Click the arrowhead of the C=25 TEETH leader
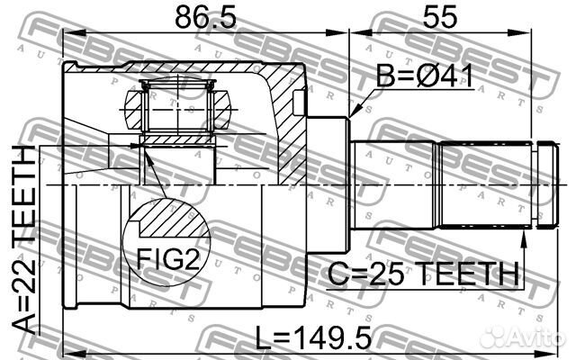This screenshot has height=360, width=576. click(526, 236)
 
